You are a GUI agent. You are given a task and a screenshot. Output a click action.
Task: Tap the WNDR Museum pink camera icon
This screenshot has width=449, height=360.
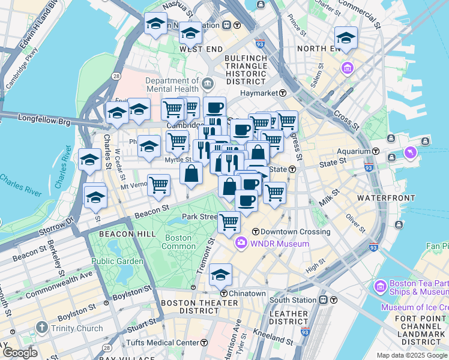[x=241, y=244]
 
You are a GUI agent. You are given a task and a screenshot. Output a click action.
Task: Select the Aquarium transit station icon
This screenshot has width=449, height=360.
[x=376, y=151]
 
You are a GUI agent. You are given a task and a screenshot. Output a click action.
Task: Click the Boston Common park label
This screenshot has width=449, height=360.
[x=178, y=242]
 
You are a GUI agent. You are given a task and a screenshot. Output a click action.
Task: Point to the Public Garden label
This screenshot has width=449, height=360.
[x=117, y=261]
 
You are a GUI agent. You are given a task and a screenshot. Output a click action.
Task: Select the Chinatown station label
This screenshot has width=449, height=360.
[x=246, y=293]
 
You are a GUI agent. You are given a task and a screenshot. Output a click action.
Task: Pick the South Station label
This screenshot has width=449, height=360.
[x=292, y=299]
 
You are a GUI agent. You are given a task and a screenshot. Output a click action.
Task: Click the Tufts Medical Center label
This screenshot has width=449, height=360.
[x=166, y=343]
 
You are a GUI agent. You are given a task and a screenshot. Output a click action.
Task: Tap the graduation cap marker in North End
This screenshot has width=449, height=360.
[x=346, y=38]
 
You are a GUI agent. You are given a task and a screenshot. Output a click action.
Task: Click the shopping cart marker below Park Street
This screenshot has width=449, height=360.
[x=229, y=222]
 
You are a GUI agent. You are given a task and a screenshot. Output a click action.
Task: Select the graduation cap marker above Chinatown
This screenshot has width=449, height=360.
[x=221, y=275]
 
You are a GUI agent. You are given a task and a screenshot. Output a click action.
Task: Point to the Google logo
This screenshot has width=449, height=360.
[x=20, y=353]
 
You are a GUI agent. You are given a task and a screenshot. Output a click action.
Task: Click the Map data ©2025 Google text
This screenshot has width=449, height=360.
[x=412, y=355]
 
